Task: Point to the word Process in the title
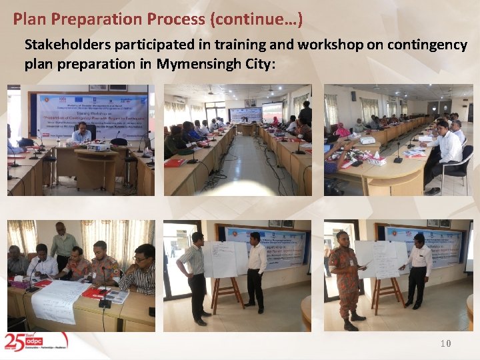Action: (172, 19)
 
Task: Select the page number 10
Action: (445, 343)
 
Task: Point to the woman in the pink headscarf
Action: (343, 131)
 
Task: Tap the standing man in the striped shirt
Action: (195, 275)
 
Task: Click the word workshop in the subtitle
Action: (331, 45)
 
